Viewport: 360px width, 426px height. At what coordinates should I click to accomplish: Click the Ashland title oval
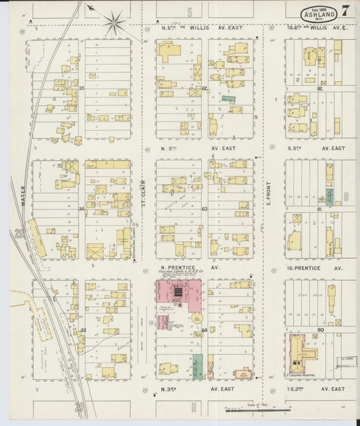(320, 14)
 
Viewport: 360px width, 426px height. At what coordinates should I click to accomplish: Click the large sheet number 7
(345, 11)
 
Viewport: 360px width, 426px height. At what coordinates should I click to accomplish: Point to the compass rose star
(114, 24)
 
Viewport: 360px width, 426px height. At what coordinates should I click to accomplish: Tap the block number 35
(81, 88)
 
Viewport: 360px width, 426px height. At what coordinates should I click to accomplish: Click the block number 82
(320, 88)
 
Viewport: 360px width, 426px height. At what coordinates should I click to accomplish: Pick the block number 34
(81, 209)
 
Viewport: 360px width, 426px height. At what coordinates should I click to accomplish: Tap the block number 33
(82, 330)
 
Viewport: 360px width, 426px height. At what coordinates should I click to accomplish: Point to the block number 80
(320, 330)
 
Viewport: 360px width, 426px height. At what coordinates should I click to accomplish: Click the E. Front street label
(268, 192)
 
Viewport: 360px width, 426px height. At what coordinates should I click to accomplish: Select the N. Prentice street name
(178, 267)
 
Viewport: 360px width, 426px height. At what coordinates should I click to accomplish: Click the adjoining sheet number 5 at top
(190, 12)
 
